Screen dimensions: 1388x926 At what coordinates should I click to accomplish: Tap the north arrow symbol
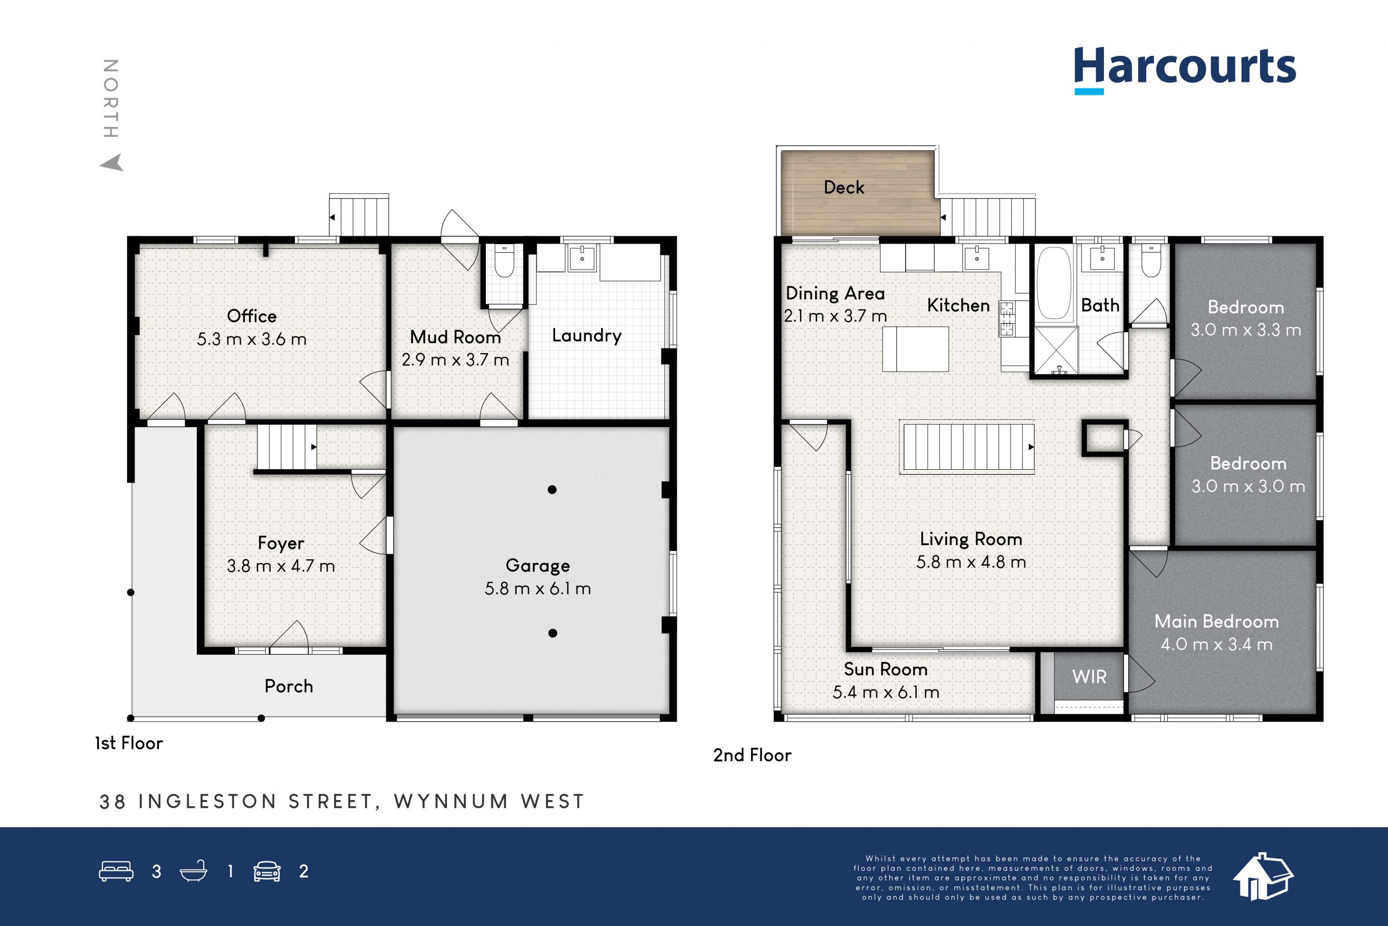click(112, 162)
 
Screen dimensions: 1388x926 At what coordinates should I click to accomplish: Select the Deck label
click(844, 188)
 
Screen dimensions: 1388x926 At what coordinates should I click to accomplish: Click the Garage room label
click(538, 566)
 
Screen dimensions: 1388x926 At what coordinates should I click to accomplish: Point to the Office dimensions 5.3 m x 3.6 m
click(252, 339)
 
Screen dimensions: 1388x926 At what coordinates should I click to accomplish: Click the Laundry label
click(587, 335)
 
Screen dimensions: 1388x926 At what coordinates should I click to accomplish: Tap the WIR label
click(1089, 677)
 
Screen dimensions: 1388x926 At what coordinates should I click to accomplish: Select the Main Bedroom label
click(1217, 621)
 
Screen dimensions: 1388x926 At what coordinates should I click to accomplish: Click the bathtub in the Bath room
click(1054, 284)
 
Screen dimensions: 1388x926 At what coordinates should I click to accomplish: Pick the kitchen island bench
click(916, 349)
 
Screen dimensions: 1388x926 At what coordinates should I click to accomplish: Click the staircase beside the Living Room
click(967, 447)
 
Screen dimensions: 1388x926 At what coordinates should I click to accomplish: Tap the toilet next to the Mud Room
click(504, 261)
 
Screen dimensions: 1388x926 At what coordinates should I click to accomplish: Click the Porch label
click(288, 686)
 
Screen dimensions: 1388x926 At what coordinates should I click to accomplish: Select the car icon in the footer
click(267, 872)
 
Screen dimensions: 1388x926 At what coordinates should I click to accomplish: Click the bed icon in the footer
click(116, 872)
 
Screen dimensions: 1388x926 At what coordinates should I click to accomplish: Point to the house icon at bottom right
click(1263, 877)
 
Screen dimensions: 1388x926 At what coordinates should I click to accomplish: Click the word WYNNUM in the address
click(452, 801)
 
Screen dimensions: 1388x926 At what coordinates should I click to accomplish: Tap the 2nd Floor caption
click(753, 755)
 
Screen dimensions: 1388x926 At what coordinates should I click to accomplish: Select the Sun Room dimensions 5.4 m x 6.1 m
click(886, 692)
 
